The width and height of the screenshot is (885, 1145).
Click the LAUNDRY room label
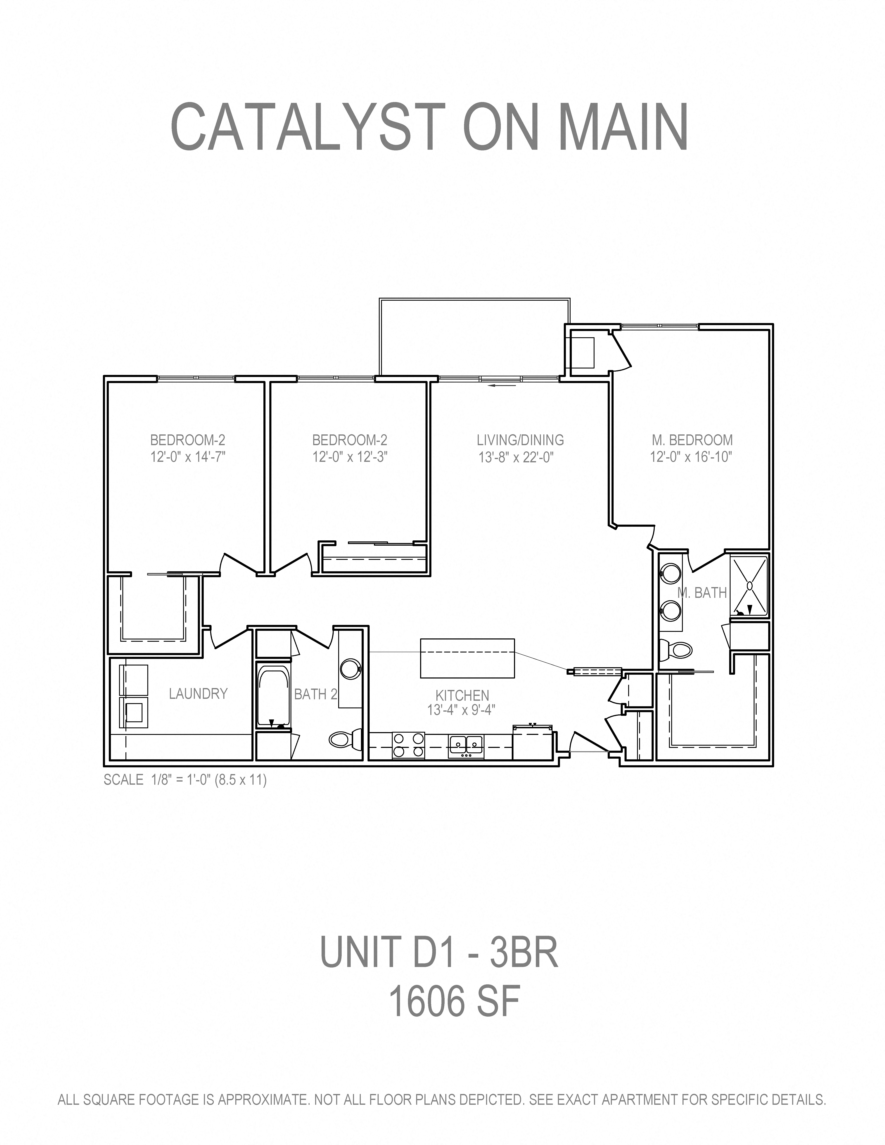[x=198, y=694]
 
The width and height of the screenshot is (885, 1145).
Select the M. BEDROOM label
[x=692, y=440]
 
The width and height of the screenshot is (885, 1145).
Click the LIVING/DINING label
[x=520, y=440]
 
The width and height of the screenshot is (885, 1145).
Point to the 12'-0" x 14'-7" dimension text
[x=188, y=457]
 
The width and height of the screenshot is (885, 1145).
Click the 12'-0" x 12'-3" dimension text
[x=350, y=457]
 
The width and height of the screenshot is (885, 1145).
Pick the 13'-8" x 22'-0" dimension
[x=516, y=457]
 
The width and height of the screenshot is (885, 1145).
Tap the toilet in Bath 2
[x=346, y=739]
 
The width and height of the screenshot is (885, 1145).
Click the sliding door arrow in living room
[x=502, y=385]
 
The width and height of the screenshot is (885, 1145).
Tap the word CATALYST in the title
[x=308, y=127]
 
